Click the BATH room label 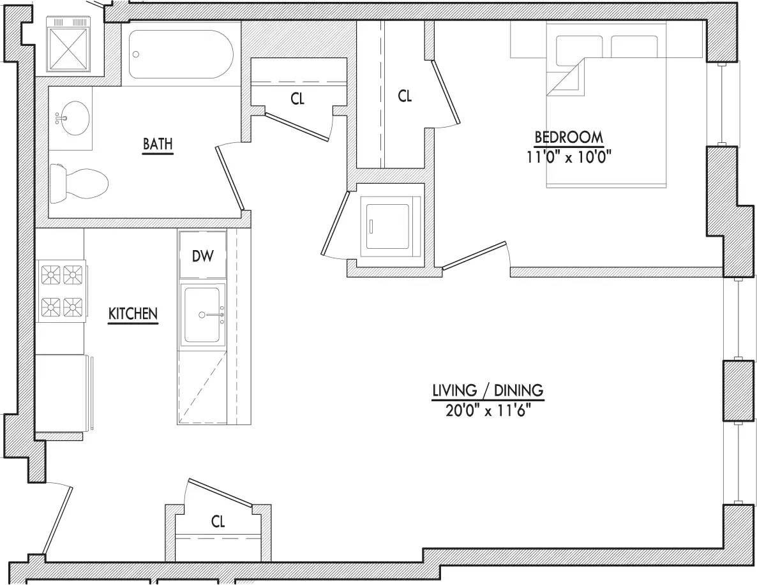[158, 144]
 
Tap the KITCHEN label [133, 314]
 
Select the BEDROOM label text [568, 137]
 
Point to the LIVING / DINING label [488, 390]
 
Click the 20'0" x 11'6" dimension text [488, 411]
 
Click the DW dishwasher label [203, 256]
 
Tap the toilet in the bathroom [79, 182]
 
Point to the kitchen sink [203, 315]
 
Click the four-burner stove [62, 291]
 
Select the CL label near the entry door [218, 522]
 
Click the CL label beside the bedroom [405, 96]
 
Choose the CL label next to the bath [297, 99]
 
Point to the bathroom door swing [230, 177]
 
